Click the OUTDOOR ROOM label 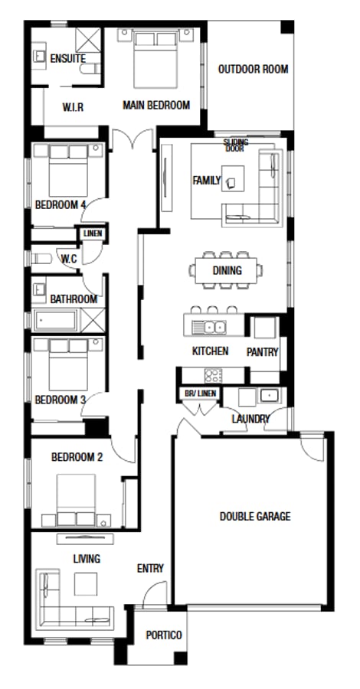tap(253, 70)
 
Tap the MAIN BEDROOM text tap(156, 106)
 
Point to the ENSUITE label tap(67, 59)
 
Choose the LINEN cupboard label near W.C tap(92, 233)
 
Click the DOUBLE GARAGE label tap(255, 517)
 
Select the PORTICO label tap(164, 635)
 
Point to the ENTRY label tap(150, 568)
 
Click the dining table tap(227, 270)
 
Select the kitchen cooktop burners tap(212, 375)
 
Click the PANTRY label tap(262, 352)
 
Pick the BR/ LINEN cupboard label tap(201, 393)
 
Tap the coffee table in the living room tap(85, 584)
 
